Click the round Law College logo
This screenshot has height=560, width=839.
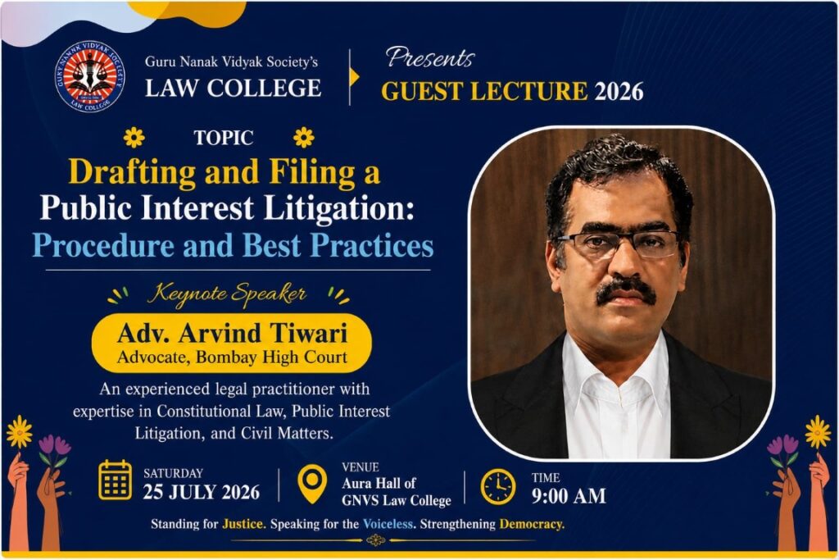click(x=90, y=76)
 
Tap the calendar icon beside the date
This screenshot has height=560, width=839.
click(x=115, y=480)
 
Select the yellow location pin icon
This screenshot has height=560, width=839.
click(x=312, y=484)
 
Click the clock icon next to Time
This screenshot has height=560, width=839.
click(x=498, y=487)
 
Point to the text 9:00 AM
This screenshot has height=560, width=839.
click(x=569, y=496)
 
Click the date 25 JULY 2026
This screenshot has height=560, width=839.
click(x=202, y=492)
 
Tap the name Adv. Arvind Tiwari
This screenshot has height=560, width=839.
click(x=232, y=333)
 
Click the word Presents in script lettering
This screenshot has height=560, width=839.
click(x=430, y=58)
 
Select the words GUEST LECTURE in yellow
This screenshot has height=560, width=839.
click(x=484, y=91)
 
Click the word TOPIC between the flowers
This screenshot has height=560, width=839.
click(x=224, y=138)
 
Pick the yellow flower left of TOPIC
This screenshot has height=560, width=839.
click(x=134, y=138)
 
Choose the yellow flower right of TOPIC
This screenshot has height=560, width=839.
click(x=303, y=138)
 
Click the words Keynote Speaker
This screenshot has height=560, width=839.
click(x=227, y=294)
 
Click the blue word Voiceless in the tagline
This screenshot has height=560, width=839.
click(x=388, y=524)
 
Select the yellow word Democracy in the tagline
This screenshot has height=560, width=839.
click(x=532, y=524)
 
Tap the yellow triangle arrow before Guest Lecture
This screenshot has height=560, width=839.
click(x=354, y=77)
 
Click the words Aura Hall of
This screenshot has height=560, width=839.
click(x=379, y=484)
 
